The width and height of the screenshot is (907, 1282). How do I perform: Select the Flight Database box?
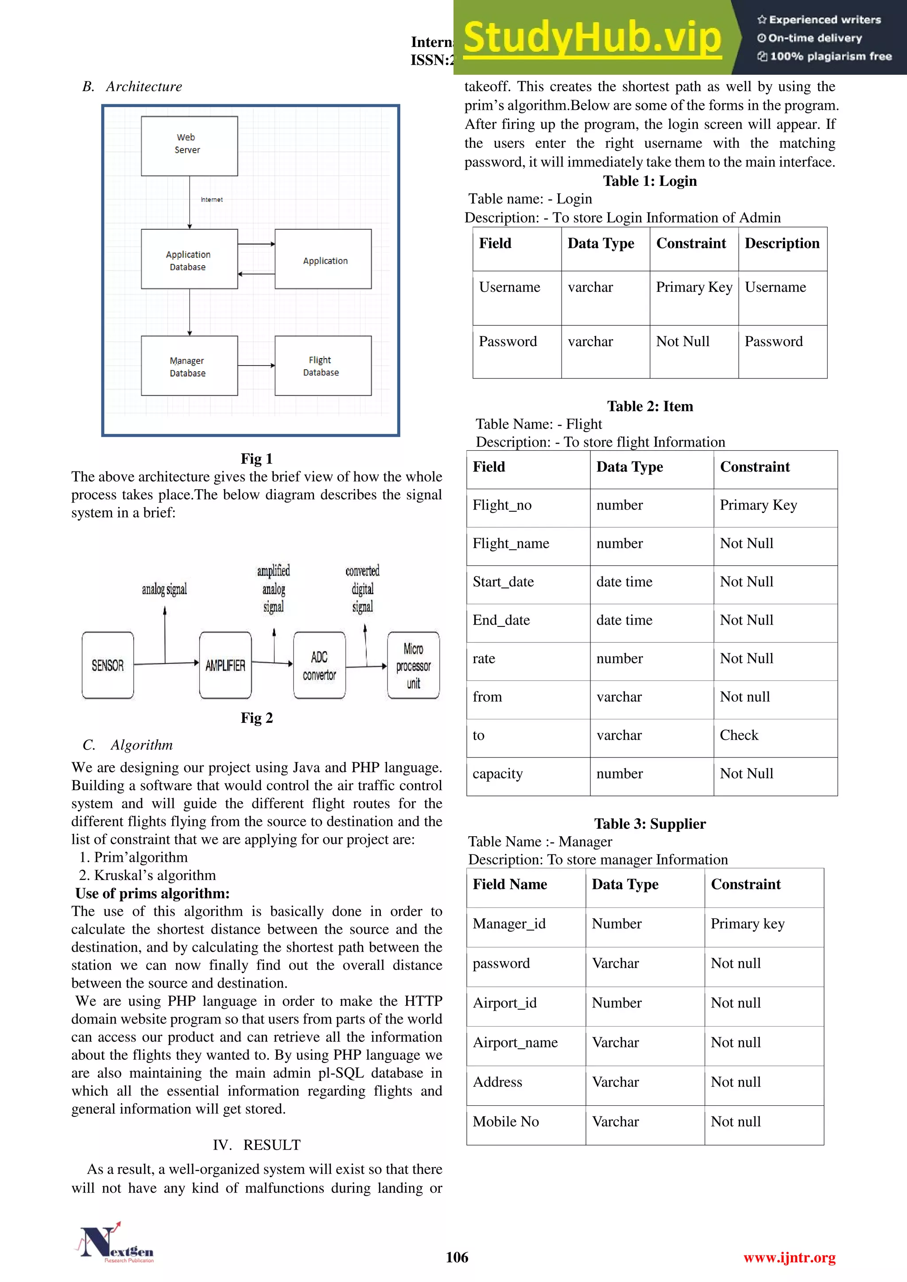tap(323, 366)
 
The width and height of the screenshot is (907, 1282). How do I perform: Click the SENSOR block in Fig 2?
tap(108, 665)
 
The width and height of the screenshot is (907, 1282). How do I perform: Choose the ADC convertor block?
tap(319, 665)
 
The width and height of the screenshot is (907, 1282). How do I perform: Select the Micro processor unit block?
tap(413, 665)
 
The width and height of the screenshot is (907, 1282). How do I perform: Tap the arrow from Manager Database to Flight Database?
tap(256, 366)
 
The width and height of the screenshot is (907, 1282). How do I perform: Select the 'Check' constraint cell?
tap(739, 735)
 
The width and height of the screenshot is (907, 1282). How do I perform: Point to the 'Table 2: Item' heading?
tap(650, 406)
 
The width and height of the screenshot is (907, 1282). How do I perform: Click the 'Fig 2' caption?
tap(256, 718)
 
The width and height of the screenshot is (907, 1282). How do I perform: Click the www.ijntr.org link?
tap(789, 1258)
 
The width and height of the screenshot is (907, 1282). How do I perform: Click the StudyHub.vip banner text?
tap(592, 38)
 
